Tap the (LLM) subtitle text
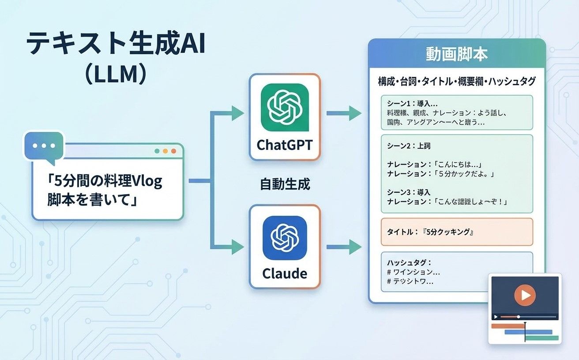click(115, 75)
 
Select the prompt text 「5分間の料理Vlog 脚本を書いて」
click(105, 190)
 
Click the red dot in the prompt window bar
click(173, 151)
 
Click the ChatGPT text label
click(284, 145)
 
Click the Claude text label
click(284, 274)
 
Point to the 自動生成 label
click(285, 184)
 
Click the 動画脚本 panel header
click(456, 54)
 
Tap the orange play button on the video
click(525, 295)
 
